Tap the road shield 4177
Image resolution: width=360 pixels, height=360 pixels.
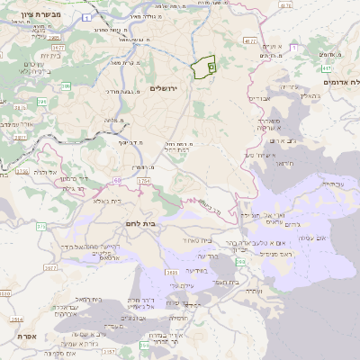tap(250, 40)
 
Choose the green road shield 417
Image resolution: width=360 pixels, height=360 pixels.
tap(326, 67)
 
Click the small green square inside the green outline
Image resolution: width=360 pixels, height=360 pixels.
tap(211, 66)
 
